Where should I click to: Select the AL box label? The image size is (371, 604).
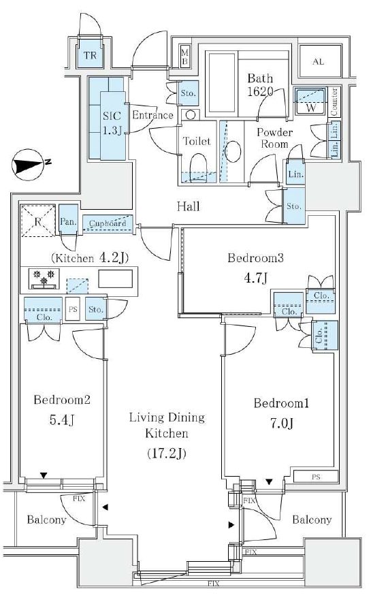coord(317,62)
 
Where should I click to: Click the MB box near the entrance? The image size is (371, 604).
coord(184,55)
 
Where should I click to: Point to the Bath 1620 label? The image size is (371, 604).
coord(260,84)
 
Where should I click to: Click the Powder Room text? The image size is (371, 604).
coord(274,139)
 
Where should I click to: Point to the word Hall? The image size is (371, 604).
coord(188,206)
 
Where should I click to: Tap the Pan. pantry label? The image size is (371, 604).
coord(67,221)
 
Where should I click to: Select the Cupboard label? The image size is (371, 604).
coord(109,223)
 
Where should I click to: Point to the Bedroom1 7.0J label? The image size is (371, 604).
coord(282,413)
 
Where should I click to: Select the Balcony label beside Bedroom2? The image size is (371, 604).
coord(46,520)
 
